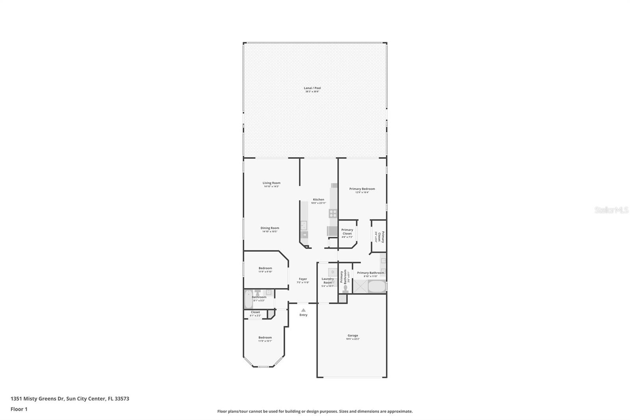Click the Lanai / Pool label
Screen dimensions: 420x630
312,88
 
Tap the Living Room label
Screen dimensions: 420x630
272,183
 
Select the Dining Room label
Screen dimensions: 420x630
270,228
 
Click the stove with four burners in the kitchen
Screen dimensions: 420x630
333,214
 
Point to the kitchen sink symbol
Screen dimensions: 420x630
304,225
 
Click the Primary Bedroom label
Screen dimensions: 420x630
362,189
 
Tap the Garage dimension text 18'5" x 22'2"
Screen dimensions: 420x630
353,339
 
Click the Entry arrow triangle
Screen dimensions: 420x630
303,310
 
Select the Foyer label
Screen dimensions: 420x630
303,279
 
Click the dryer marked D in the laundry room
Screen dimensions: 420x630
333,272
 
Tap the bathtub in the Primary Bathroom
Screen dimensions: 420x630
377,287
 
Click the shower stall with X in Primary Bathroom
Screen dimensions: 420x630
360,287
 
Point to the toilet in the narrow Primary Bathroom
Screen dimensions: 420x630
345,289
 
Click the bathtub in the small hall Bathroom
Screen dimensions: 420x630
248,300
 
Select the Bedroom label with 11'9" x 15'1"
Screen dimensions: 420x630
265,337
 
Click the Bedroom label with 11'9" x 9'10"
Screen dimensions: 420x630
265,268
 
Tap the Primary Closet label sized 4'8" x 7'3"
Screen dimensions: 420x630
347,232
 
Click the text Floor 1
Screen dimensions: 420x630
19,409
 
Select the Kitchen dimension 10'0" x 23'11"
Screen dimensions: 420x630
319,203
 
